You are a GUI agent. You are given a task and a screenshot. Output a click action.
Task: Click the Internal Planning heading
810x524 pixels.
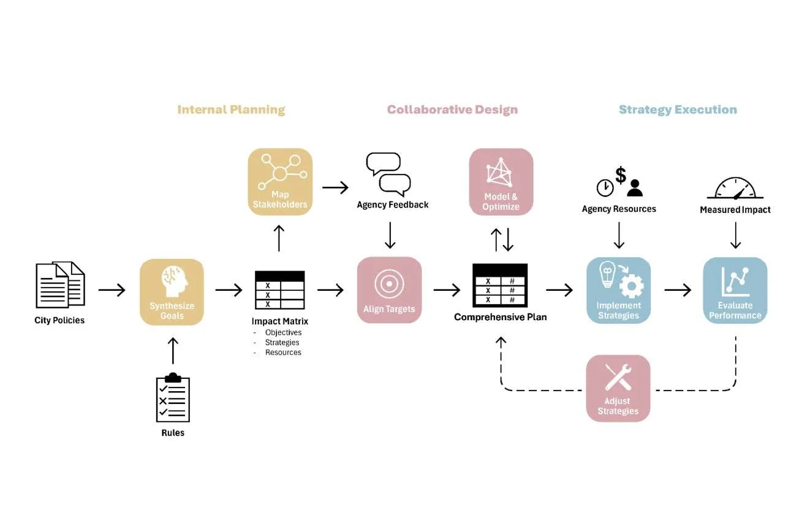click(231, 110)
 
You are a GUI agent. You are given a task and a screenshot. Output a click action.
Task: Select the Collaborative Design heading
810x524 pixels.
click(452, 110)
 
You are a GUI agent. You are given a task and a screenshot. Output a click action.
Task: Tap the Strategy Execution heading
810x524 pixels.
click(678, 110)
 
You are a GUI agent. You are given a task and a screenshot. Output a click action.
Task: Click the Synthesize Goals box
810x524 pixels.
click(172, 292)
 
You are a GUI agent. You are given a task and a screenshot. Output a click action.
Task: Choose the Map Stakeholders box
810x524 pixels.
click(280, 182)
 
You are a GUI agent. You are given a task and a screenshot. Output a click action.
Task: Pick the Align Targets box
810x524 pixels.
click(390, 290)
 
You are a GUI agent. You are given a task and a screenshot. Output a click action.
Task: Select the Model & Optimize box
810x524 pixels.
click(501, 182)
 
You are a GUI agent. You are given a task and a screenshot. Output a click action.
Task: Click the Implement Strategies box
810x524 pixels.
click(619, 290)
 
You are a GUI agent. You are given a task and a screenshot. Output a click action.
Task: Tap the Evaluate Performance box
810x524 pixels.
click(735, 290)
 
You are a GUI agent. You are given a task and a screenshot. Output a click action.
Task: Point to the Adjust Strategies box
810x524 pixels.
click(618, 388)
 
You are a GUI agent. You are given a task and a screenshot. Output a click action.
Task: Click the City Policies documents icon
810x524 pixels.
click(61, 285)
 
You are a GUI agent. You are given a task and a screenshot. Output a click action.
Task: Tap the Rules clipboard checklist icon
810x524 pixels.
click(173, 397)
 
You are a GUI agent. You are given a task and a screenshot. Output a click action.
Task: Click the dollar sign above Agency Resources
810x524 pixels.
click(621, 175)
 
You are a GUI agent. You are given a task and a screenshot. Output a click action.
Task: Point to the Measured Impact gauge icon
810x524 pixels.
click(735, 189)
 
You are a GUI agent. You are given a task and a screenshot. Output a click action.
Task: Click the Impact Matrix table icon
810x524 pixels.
click(280, 290)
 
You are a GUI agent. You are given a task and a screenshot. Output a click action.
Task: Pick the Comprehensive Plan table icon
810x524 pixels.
click(500, 285)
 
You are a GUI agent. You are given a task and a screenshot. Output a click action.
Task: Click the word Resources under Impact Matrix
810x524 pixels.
click(283, 353)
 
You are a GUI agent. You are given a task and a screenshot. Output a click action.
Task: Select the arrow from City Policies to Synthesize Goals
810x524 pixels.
click(112, 290)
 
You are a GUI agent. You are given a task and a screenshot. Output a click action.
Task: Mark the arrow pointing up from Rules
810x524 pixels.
click(173, 351)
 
